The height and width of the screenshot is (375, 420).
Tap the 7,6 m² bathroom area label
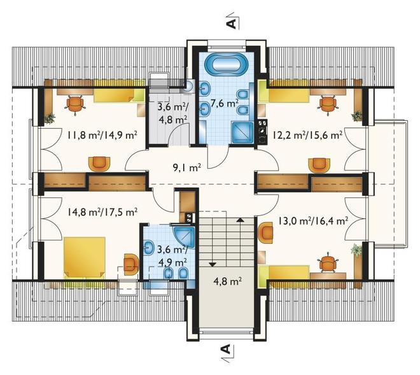225,103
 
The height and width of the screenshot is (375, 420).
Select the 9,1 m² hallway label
187,168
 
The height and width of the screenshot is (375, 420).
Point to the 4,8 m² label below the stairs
228,281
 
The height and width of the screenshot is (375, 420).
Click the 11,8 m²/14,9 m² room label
102,134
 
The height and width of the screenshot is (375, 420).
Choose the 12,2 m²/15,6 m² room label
307,134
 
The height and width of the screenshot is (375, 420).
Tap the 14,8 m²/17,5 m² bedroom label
102,212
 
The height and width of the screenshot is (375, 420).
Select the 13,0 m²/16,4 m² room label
312,221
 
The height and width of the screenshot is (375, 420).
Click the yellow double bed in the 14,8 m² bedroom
84,257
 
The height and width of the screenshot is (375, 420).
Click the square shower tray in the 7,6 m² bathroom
242,132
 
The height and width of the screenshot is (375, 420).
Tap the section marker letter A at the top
232,24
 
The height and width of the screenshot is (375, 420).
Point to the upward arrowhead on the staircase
241,220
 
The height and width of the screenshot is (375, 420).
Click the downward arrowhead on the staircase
213,264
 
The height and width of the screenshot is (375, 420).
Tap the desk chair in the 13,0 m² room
327,263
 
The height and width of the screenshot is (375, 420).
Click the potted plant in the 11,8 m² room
49,118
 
